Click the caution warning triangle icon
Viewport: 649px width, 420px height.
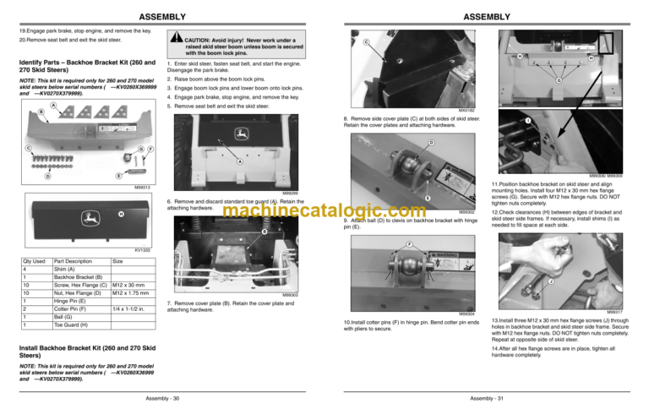click(172, 40)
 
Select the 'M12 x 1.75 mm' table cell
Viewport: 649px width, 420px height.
click(130, 293)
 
